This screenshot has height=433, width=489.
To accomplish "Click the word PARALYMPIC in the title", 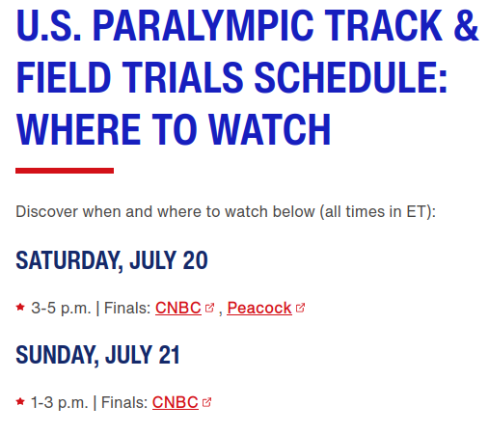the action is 203,26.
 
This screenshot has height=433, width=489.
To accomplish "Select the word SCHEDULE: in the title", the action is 351,77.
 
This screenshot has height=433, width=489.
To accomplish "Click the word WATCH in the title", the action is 270,129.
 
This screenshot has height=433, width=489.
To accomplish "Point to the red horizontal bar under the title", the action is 65,171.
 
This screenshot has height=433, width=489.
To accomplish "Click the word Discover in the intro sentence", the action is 46,212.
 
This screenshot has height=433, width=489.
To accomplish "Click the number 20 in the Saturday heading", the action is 195,260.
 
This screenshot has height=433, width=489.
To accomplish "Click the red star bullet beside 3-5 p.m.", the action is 20,307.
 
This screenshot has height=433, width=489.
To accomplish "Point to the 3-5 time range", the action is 43,308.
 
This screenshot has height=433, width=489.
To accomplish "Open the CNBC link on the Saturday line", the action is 178,308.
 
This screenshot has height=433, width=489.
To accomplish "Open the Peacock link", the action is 259,308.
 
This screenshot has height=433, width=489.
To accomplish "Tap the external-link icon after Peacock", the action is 300,308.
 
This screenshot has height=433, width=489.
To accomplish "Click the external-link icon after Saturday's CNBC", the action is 209,308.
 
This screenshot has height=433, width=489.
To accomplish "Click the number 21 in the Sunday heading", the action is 169,355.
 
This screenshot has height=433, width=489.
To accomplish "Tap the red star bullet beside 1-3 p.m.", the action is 20,401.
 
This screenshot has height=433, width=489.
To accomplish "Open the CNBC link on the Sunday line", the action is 176,402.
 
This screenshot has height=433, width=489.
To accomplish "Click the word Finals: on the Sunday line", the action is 124,402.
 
